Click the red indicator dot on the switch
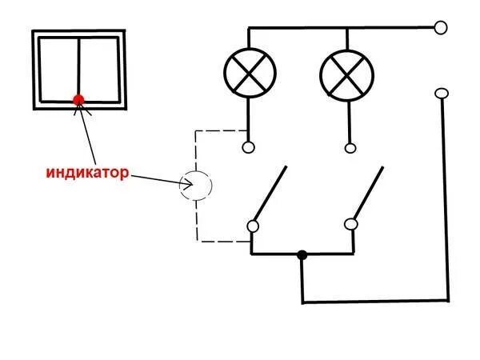coord(78,100)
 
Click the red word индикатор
coord(86,171)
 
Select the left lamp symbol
coord(248,74)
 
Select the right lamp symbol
coord(347,74)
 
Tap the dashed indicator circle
coord(196,185)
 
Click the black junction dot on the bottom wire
coord(302,255)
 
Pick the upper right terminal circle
coord(440,28)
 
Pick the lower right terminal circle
coord(440,94)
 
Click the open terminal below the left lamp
coord(248,147)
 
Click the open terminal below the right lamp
coord(350,147)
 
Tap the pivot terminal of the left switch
coord(252,226)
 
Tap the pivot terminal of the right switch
coord(350,226)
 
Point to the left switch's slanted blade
coord(270,194)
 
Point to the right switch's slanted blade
coord(368,194)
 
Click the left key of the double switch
coord(58,70)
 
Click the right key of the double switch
coord(99,70)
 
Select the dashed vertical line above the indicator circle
coord(196,150)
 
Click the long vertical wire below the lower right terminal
coord(446,200)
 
